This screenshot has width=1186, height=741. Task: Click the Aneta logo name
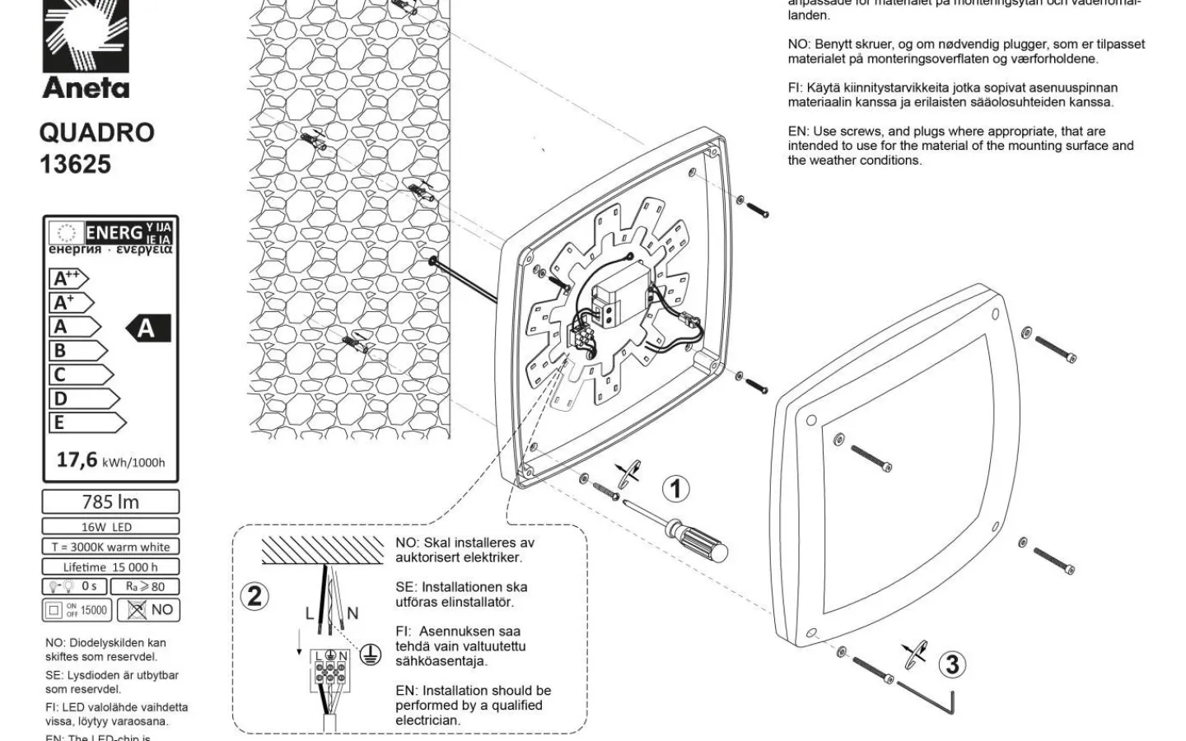[86, 87]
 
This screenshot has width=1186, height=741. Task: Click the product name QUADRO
[97, 133]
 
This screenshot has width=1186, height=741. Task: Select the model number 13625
[75, 164]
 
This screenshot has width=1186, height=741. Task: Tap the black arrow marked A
[148, 328]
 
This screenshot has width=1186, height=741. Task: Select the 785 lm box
[110, 501]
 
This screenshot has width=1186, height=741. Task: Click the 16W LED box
[110, 526]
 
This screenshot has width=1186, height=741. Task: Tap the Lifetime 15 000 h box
[110, 566]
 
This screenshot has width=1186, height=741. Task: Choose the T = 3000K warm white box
[110, 547]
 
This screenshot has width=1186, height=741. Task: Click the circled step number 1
[675, 489]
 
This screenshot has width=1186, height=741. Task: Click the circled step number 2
[254, 595]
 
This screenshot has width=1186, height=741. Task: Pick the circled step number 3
[952, 664]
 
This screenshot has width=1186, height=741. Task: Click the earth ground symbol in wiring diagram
[372, 653]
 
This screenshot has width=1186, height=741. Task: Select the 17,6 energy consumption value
[77, 459]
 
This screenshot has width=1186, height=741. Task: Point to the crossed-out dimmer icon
[137, 610]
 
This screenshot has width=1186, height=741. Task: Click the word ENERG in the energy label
[114, 233]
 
